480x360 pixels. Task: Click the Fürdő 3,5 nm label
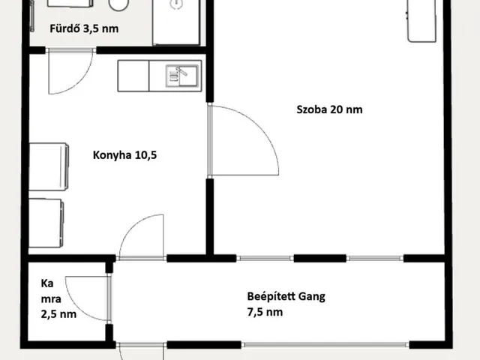coord(84,28)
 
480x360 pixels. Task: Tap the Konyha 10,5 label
coord(125,155)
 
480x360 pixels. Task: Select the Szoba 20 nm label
coord(329,109)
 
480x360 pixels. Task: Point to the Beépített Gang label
coord(286,297)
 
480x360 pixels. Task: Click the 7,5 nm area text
coord(265,312)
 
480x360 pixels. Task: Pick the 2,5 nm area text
coord(58,314)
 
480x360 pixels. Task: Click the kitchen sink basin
coord(181,76)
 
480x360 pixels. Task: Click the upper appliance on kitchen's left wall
coord(49,166)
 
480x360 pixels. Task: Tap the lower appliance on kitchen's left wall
coord(46,223)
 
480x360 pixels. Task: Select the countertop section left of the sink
coord(133,76)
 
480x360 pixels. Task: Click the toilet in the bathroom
coord(118,4)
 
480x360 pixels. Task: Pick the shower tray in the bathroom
coord(176,22)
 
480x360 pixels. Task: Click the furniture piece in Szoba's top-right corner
coord(421,20)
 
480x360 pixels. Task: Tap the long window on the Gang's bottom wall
coord(325,345)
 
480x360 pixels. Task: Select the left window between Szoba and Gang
coord(265,258)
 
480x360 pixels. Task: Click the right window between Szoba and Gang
coord(375,258)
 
